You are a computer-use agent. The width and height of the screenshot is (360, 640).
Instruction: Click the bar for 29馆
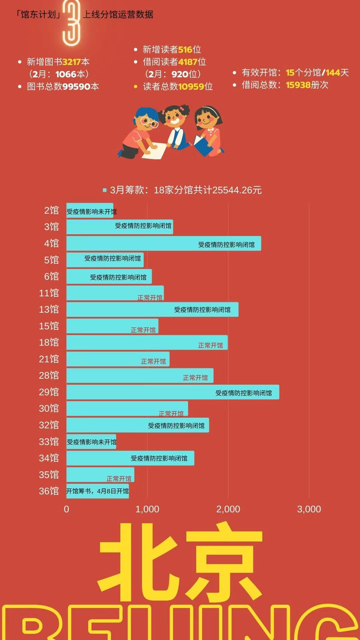[173, 392]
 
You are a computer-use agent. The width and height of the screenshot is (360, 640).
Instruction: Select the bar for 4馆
[164, 243]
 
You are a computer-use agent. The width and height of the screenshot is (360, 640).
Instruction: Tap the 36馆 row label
[49, 491]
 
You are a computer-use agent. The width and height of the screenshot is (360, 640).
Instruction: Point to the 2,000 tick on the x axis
[228, 509]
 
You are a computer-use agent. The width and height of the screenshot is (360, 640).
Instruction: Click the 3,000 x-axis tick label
[309, 509]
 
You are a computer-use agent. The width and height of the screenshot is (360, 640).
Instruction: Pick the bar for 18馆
[147, 342]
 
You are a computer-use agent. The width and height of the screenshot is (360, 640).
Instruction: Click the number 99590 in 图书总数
[76, 87]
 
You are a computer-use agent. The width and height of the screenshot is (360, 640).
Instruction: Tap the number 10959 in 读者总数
[191, 87]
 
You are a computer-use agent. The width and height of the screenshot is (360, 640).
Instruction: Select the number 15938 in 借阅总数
[298, 85]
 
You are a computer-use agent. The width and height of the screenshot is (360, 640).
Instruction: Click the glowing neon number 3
[72, 23]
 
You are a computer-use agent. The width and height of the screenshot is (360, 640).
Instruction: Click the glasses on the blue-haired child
[149, 122]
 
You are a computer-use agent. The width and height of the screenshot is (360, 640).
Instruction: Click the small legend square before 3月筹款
[105, 190]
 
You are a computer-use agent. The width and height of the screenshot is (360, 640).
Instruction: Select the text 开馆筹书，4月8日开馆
[97, 491]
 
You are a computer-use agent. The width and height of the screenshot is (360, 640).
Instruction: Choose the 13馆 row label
[49, 309]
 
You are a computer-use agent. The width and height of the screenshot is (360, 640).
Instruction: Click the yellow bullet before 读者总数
[136, 87]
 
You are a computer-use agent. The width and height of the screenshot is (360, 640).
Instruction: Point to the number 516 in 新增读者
[185, 50]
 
